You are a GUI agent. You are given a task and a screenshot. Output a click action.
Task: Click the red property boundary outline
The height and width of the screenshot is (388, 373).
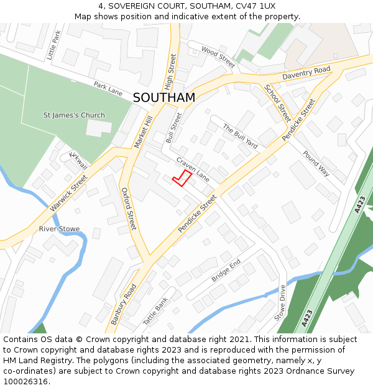[x=182, y=178]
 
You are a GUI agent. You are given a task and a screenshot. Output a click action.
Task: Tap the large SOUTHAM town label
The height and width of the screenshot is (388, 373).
[x=164, y=98]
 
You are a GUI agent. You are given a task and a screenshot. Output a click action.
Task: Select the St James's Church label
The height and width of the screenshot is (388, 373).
[x=74, y=115]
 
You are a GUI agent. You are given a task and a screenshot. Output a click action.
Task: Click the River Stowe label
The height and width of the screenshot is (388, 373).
[x=59, y=229]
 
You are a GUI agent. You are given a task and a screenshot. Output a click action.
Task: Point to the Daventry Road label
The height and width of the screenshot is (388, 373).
[x=306, y=73]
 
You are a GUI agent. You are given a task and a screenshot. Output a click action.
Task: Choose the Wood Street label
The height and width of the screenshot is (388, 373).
[x=218, y=56]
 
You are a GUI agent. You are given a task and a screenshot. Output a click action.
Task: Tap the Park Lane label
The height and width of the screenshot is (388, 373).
[x=108, y=88]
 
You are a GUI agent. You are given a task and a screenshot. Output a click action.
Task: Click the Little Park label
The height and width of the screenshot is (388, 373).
[x=54, y=45]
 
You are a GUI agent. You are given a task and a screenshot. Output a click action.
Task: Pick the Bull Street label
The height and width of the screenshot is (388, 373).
[x=175, y=128]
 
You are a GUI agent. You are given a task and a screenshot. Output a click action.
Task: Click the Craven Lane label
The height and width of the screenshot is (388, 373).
[x=193, y=169]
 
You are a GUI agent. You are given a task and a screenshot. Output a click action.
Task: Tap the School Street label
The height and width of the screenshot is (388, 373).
[x=277, y=103]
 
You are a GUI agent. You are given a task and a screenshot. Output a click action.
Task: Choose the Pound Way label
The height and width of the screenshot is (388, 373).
[x=316, y=163]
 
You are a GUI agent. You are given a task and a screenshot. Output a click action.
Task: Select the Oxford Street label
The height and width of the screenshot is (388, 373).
[x=128, y=209]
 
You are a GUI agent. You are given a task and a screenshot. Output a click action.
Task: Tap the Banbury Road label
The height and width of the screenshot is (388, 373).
[x=124, y=304]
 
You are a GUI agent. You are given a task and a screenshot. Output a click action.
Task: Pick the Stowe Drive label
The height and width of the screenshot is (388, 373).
[x=280, y=303]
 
